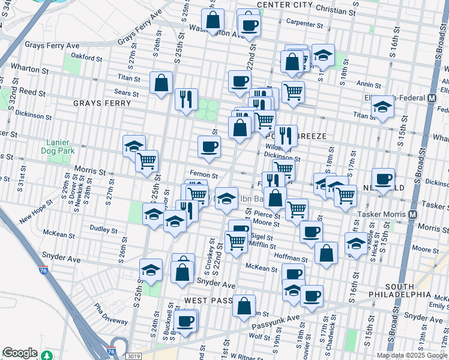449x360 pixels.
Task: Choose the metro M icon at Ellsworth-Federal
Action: point(432,98)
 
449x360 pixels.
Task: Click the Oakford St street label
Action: point(85,58)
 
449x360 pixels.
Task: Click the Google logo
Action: point(20,353)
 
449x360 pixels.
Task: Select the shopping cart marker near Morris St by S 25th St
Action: point(147,161)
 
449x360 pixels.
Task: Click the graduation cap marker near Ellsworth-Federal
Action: point(382,109)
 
